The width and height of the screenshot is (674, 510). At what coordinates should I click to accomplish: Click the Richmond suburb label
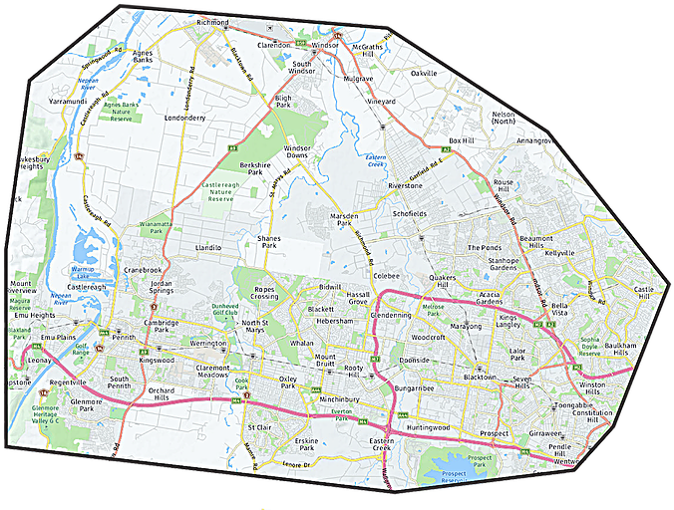pyautogui.click(x=213, y=21)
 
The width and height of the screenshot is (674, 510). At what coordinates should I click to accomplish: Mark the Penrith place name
pyautogui.click(x=124, y=338)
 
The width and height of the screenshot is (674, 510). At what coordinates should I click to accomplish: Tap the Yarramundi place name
pyautogui.click(x=55, y=101)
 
